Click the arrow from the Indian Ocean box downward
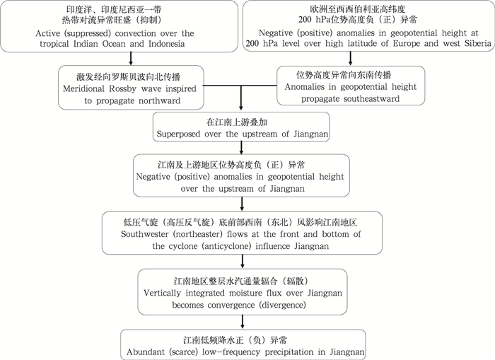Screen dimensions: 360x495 pos(130,58)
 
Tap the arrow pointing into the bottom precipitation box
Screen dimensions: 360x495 pos(242,322)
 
